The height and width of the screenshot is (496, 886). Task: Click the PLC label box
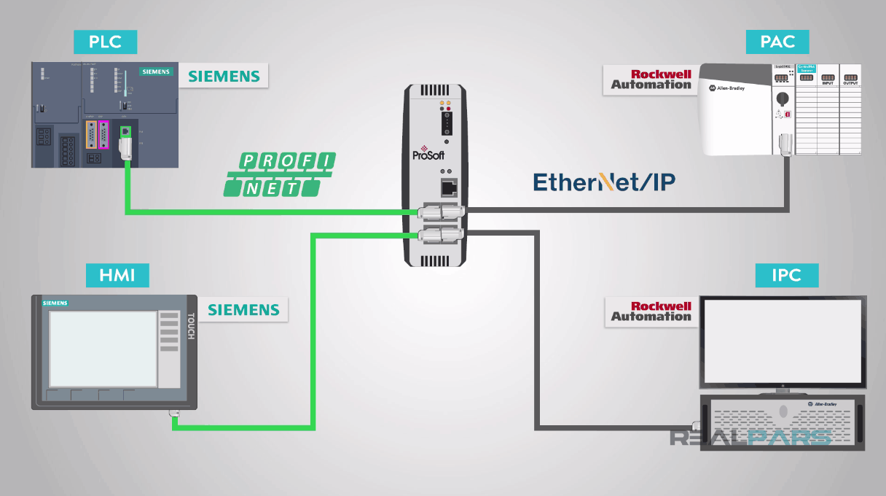(x=105, y=42)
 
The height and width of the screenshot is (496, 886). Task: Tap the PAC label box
(x=777, y=42)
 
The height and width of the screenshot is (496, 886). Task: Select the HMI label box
(x=117, y=276)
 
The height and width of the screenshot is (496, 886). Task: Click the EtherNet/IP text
(x=604, y=182)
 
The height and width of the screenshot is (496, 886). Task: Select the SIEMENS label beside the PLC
(x=224, y=76)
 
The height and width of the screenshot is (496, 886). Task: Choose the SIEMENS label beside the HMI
(x=243, y=310)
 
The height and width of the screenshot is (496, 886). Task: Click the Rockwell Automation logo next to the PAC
(x=651, y=80)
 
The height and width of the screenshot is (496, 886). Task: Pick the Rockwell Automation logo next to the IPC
(x=651, y=311)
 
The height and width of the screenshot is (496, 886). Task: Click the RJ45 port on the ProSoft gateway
(x=447, y=187)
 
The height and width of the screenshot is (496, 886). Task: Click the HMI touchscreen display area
(x=103, y=349)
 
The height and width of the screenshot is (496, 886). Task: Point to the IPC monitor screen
(x=783, y=341)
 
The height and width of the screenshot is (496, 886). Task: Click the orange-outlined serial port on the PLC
(x=91, y=135)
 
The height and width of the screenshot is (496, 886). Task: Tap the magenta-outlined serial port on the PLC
(x=104, y=135)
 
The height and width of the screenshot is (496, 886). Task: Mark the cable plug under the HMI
(x=175, y=415)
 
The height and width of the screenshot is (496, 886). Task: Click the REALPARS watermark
(x=750, y=438)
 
